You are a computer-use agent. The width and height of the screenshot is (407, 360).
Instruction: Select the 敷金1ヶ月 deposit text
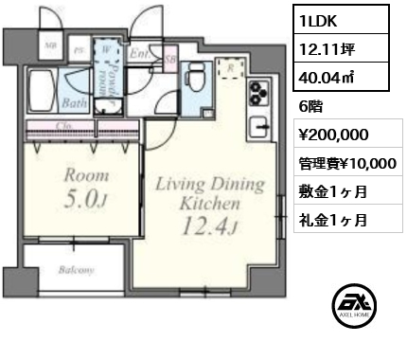click(x=336, y=191)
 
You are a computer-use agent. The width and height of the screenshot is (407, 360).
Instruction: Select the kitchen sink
click(x=259, y=125)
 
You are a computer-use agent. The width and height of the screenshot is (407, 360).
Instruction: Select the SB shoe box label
click(x=168, y=58)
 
